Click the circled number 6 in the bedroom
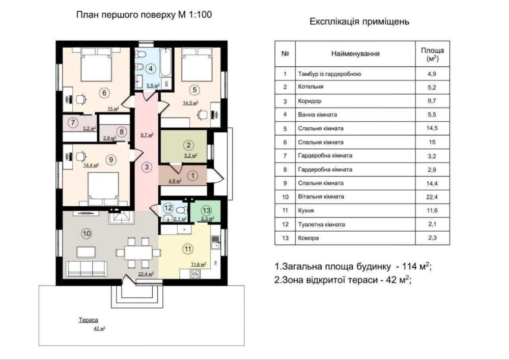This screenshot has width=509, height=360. click(104, 93)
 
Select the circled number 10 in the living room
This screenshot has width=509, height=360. click(87, 233)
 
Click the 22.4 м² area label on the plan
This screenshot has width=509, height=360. click(146, 274)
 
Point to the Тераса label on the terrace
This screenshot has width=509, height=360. click(88, 320)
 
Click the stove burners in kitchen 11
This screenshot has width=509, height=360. click(195, 274)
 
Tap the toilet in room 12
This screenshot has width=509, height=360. click(183, 209)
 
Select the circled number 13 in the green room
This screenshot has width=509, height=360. click(207, 210)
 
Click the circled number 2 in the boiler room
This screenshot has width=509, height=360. click(189, 145)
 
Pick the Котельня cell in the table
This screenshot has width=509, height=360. click(310, 87)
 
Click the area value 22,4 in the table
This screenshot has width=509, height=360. click(432, 197)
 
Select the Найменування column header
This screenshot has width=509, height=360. click(355, 54)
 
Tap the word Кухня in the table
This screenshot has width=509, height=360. click(306, 211)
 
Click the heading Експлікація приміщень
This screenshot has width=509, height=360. click(359, 22)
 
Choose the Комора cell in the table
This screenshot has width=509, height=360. click(308, 238)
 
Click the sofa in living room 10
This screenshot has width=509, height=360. click(87, 268)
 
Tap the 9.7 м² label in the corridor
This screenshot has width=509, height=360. click(147, 135)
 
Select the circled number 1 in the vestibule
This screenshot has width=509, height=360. click(193, 176)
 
